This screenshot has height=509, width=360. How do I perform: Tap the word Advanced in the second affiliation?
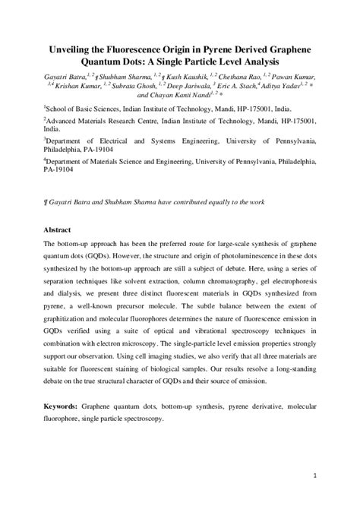[65, 119]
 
